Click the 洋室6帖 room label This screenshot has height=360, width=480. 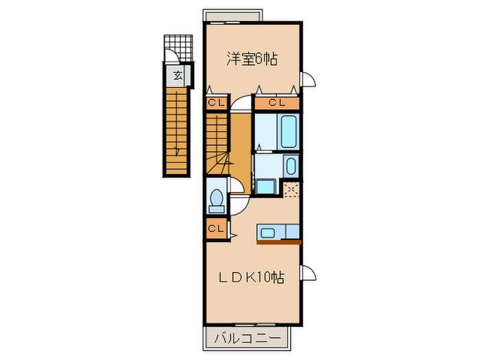pos(252,60)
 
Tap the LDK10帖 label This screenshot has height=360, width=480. pos(251,278)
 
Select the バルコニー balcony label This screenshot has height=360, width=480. pos(248,339)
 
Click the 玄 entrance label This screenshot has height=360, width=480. pos(178,75)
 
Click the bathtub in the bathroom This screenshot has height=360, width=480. pos(289,132)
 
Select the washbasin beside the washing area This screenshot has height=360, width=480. pos(291,166)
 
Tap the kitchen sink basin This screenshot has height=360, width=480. pos(267,233)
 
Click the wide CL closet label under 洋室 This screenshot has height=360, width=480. pos(277,103)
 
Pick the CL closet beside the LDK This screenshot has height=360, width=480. pos(215,228)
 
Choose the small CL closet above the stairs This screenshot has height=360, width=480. pos(216,103)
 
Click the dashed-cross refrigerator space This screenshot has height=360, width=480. pos(291,189)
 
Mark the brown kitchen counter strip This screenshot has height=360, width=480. pos(279,243)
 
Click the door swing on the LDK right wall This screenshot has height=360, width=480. pos(308,273)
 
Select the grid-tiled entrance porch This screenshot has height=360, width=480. pos(178,48)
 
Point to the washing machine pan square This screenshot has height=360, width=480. pos(265,187)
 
